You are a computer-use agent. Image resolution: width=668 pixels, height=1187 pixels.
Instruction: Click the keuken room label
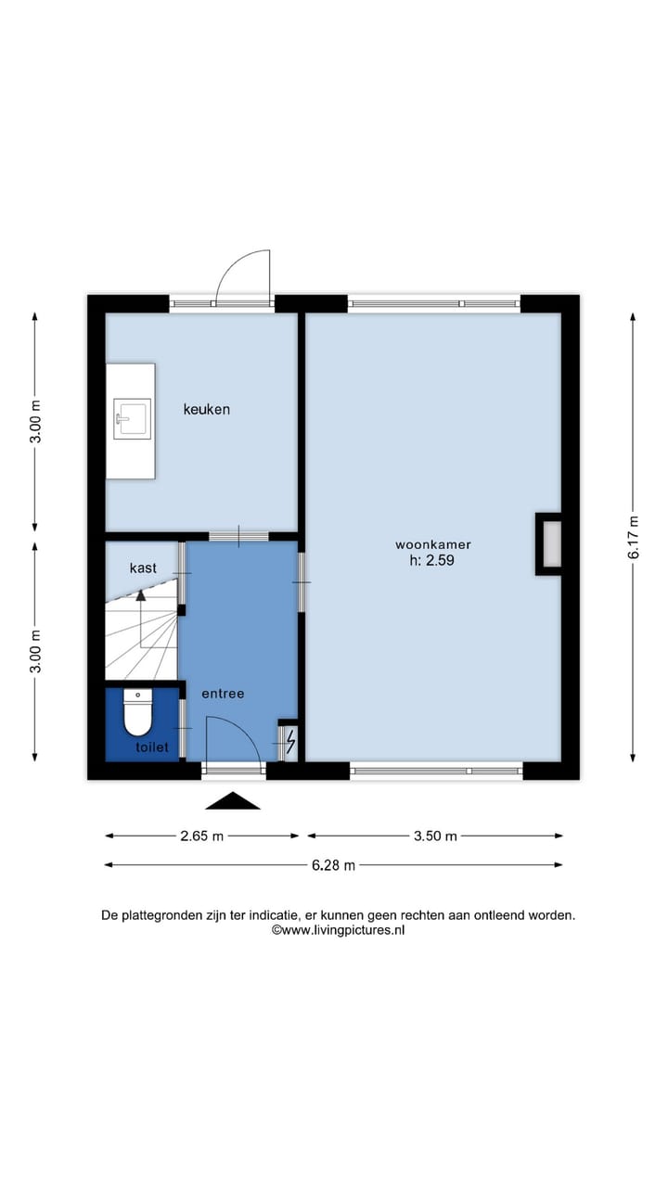[x=206, y=409]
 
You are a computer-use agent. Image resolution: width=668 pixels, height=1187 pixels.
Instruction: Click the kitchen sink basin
[x=132, y=418]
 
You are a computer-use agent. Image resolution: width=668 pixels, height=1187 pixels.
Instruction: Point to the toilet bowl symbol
[x=137, y=714]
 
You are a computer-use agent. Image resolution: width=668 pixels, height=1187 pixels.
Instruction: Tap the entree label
[x=223, y=694]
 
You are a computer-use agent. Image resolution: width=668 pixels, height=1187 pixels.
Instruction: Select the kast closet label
[x=143, y=568]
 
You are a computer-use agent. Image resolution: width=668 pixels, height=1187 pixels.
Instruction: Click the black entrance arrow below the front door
[x=233, y=800]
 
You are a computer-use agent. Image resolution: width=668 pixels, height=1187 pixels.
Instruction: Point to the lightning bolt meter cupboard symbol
[x=289, y=741]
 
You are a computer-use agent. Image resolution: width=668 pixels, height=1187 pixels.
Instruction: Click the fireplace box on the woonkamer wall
[x=550, y=543]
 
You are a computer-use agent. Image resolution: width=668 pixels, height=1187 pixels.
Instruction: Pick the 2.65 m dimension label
[x=202, y=836]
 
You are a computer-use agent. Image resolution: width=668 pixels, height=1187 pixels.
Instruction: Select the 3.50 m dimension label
[x=435, y=836]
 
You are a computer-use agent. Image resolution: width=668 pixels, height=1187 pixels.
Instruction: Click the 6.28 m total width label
[x=333, y=865]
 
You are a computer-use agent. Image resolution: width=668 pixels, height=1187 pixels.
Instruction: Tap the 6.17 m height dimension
[x=634, y=536]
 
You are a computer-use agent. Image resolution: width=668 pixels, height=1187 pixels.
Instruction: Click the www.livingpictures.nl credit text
[x=338, y=930]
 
